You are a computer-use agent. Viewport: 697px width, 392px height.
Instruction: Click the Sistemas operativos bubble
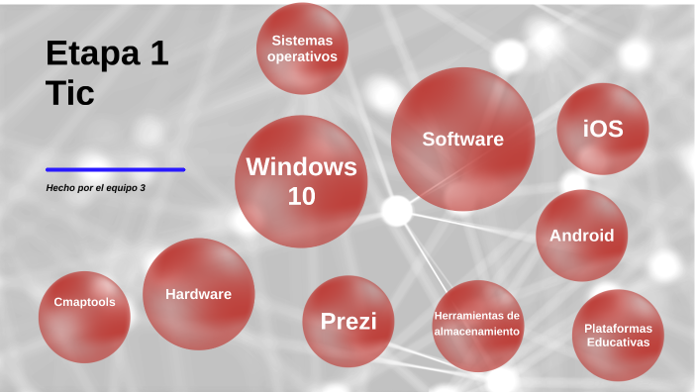[302, 49]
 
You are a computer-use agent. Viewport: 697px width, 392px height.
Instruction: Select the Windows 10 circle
[301, 181]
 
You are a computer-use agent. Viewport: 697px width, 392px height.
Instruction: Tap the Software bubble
[462, 140]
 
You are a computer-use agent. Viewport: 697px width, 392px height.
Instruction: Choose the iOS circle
[602, 129]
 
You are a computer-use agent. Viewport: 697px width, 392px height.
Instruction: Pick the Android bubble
[581, 236]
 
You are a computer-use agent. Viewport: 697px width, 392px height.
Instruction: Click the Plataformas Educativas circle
[617, 335]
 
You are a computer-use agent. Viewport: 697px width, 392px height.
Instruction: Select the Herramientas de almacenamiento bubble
[476, 324]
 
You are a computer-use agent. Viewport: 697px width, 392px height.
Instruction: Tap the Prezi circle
[348, 321]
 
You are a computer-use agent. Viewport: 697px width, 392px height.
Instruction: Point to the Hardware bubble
[198, 294]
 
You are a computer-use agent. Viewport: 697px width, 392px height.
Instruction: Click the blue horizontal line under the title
[115, 169]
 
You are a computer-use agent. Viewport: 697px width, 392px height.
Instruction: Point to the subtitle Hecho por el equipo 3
[95, 187]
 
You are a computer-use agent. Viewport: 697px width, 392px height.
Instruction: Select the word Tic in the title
[69, 93]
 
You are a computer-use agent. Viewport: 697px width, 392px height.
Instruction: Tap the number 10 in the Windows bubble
[301, 196]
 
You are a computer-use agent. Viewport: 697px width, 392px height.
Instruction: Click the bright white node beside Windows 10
[397, 211]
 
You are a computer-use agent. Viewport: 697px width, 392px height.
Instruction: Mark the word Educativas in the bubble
[617, 343]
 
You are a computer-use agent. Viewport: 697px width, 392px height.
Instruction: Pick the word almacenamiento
[476, 332]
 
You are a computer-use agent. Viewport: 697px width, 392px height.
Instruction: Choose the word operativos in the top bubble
[302, 56]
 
